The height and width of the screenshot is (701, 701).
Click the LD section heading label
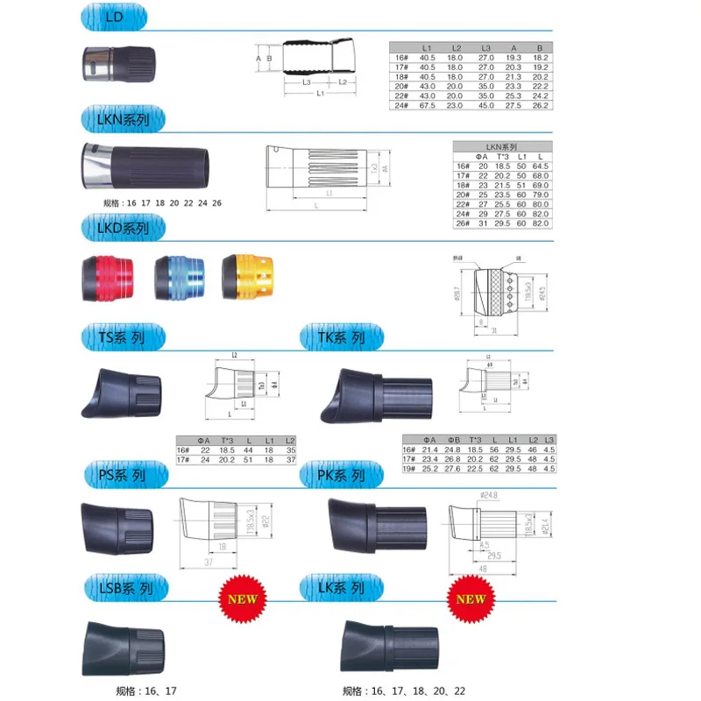pyautogui.click(x=115, y=18)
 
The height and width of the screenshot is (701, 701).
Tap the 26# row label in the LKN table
pyautogui.click(x=462, y=223)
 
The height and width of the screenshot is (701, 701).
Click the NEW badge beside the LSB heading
pyautogui.click(x=242, y=601)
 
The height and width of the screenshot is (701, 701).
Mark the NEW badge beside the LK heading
pyautogui.click(x=471, y=601)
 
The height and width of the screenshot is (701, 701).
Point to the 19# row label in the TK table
pyautogui.click(x=407, y=469)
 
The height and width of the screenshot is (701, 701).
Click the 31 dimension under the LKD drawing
pyautogui.click(x=496, y=329)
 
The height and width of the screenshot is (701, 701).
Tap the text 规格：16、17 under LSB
pyautogui.click(x=147, y=690)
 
